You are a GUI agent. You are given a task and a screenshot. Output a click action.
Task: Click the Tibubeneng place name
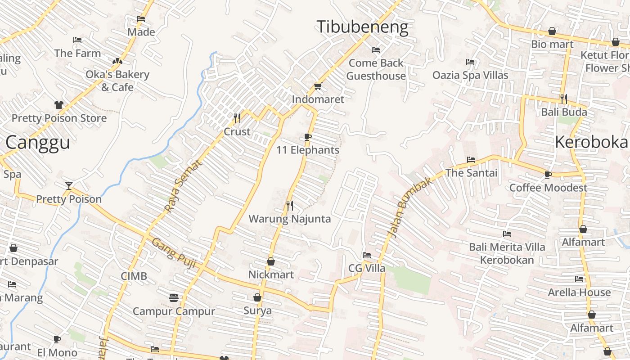(363, 27)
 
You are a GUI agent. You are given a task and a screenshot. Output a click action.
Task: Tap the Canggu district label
(38, 143)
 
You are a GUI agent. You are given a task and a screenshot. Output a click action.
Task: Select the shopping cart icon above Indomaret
(318, 86)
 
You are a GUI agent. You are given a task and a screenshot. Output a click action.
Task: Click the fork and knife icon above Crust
(237, 118)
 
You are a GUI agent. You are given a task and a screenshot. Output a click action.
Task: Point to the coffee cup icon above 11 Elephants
(308, 137)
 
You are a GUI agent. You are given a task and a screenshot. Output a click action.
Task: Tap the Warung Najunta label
(290, 219)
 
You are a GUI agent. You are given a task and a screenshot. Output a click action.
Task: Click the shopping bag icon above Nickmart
(271, 261)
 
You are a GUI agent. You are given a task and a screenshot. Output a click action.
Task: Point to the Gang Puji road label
(174, 253)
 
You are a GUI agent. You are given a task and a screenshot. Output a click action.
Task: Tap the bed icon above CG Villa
(367, 255)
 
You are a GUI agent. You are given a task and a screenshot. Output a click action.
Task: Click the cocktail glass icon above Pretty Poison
(68, 185)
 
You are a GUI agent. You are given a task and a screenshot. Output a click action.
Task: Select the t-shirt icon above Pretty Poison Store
(59, 105)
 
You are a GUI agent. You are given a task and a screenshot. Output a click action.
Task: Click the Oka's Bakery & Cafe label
(117, 81)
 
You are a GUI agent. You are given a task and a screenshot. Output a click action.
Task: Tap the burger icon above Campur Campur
(174, 297)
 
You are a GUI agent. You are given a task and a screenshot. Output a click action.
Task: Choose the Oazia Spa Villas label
(470, 75)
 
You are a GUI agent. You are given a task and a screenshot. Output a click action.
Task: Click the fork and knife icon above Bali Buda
(563, 99)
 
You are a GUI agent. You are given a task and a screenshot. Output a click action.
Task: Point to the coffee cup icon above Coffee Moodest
(548, 175)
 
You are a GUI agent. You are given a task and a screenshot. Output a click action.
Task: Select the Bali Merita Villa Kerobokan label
(507, 253)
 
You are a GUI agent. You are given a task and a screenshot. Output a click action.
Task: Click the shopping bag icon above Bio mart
(552, 31)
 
